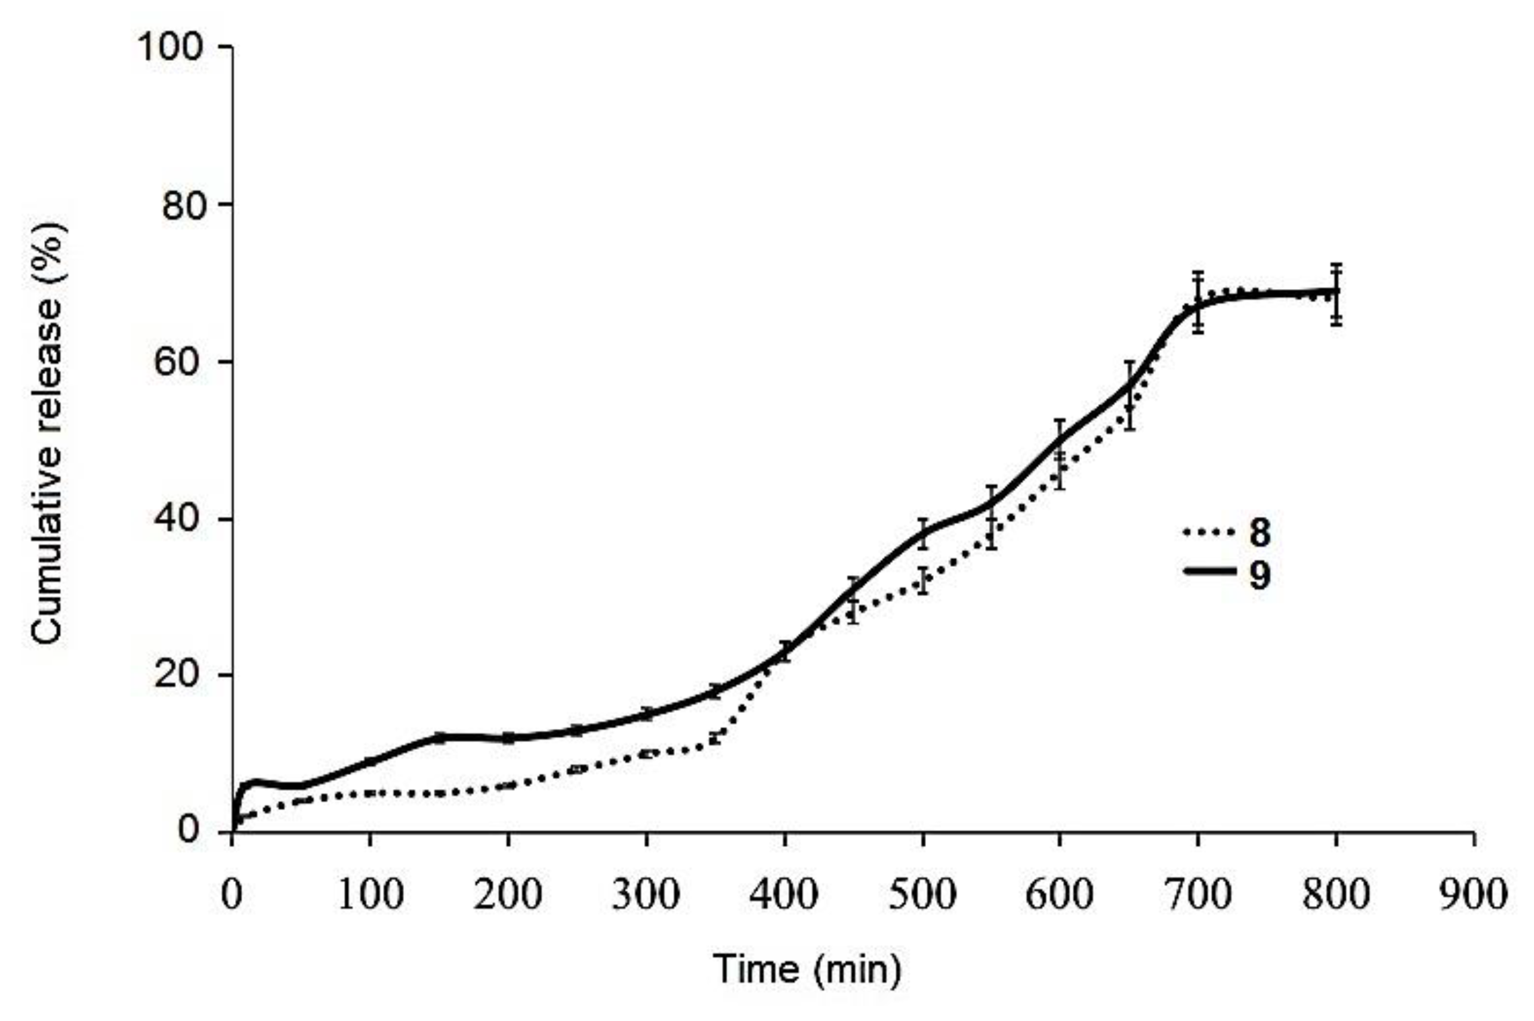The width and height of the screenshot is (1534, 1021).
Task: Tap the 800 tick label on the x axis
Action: click(1335, 895)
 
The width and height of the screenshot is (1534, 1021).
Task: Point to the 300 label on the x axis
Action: click(645, 895)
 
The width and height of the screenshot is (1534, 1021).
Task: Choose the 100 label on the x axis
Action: click(370, 895)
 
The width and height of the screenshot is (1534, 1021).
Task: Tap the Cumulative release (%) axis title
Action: click(48, 433)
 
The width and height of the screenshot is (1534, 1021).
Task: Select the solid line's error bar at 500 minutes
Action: click(922, 533)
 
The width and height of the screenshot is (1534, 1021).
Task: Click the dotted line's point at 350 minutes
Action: click(716, 738)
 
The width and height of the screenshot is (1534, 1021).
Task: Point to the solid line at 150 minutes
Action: click(439, 737)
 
